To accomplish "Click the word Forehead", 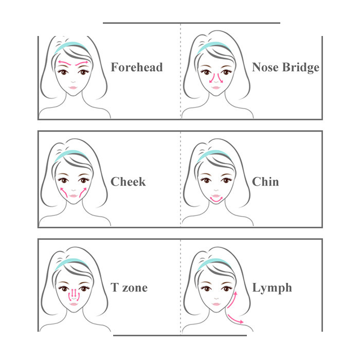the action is coord(137,67).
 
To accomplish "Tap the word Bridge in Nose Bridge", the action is coord(300,68).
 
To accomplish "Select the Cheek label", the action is coord(128,182).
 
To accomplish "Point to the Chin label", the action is coord(265,182).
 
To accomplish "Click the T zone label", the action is coord(129,287).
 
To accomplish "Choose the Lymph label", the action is coord(272,288).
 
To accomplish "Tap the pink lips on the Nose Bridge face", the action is coord(216,87).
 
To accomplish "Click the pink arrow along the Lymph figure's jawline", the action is coord(232,300).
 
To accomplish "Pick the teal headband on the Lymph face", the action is coord(213,263).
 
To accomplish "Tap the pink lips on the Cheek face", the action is coord(73,196).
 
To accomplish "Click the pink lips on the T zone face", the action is coord(74,304).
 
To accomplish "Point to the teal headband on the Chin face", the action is coord(213,154).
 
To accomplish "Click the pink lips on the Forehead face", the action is coord(73,87).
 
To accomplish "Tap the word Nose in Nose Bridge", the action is coord(266,67).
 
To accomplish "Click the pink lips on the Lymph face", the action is coord(217,304).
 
